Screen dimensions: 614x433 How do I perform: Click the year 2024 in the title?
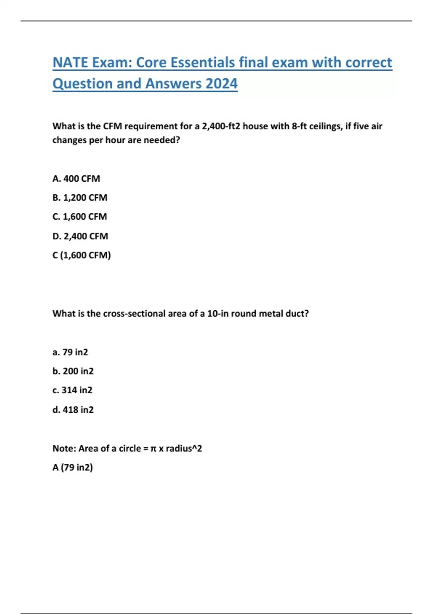tap(221, 83)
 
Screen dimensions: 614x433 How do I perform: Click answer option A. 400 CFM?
tap(76, 178)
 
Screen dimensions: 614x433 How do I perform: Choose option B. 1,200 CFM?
tap(80, 198)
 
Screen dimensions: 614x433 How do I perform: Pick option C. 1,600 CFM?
tap(79, 217)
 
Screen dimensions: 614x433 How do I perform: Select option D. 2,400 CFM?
tap(80, 236)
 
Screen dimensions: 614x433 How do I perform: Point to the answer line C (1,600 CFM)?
tap(82, 255)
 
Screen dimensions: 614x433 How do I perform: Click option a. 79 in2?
tap(70, 352)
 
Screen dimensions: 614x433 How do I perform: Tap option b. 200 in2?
tap(73, 371)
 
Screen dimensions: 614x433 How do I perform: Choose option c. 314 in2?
tap(72, 390)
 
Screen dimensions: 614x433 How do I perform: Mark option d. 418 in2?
tap(73, 410)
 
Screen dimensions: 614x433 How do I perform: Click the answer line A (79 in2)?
tap(73, 467)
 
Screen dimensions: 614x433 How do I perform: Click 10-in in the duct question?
tap(218, 314)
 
